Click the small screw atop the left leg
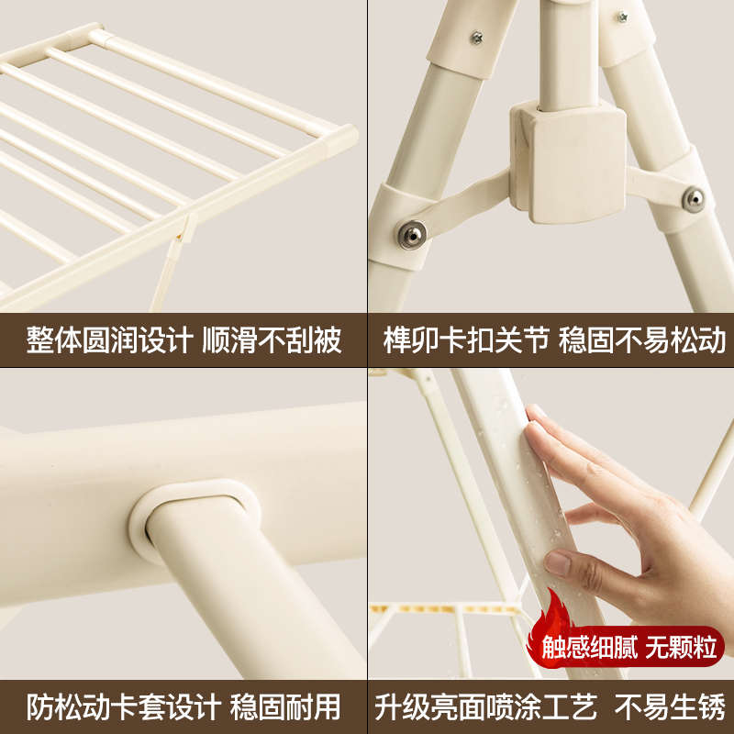tap(476, 38)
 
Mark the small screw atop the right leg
tap(621, 17)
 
